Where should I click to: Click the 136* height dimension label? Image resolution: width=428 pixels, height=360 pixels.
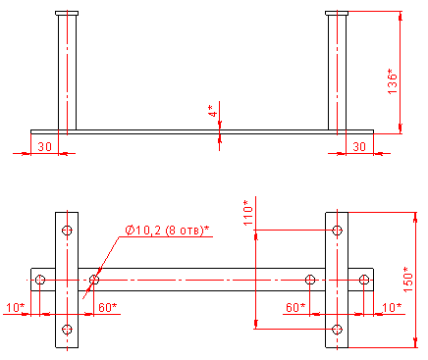point(392,81)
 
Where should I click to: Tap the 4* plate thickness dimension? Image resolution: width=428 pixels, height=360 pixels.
point(213,111)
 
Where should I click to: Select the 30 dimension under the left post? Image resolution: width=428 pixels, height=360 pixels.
point(44,146)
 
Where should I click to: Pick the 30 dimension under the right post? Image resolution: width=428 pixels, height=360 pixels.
point(359,146)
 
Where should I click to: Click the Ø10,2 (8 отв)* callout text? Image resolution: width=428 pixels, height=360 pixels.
point(167,231)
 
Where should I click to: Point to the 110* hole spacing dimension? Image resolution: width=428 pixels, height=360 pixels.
point(248,213)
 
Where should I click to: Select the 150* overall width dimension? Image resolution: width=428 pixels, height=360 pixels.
point(408,280)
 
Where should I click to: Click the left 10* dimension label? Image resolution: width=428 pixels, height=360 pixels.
point(16,307)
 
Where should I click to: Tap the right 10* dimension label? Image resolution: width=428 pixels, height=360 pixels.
point(392,307)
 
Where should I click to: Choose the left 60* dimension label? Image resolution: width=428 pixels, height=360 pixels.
point(107,307)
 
